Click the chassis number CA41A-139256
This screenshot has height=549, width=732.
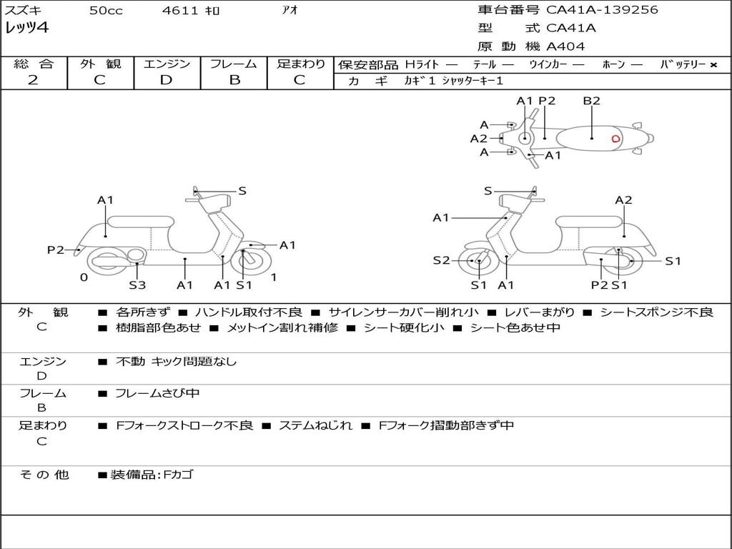[x=602, y=10]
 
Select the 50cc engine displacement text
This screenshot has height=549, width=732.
[x=106, y=11]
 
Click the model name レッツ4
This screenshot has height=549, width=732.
[x=28, y=29]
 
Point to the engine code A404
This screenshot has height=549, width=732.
[x=565, y=46]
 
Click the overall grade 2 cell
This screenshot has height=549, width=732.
[x=33, y=80]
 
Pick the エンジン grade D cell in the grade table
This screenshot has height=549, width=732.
[x=167, y=80]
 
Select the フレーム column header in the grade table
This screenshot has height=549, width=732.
[x=233, y=64]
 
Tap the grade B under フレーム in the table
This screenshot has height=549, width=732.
[x=234, y=80]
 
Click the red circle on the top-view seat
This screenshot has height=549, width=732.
[x=615, y=139]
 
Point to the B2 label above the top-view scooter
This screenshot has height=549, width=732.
[x=591, y=101]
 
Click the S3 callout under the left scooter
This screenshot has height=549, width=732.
[x=137, y=285]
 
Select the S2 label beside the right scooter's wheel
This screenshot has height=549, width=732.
[x=441, y=260]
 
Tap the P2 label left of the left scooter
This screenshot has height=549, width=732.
[x=56, y=249]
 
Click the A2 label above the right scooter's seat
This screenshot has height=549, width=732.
[x=623, y=200]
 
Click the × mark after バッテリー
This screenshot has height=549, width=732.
[x=713, y=64]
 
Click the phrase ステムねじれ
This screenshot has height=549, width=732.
[x=315, y=425]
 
